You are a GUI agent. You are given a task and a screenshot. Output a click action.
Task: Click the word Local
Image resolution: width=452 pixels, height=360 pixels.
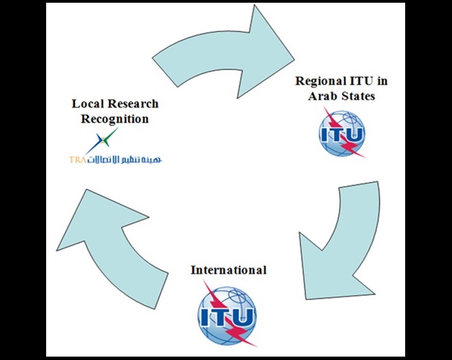tap(86, 104)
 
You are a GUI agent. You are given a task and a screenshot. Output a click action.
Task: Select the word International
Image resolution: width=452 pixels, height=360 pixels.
tap(228, 270)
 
